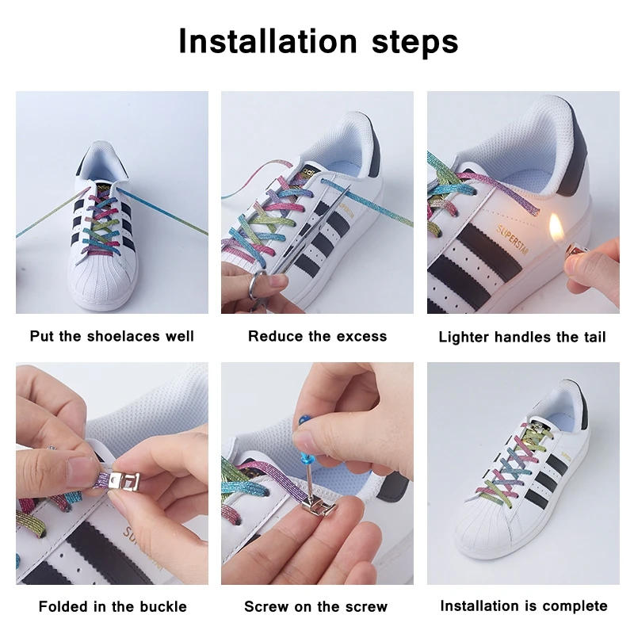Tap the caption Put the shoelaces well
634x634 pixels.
[x=112, y=336]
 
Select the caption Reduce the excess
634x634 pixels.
[x=317, y=336]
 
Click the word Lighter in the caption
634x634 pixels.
[x=464, y=337]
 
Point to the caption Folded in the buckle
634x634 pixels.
[x=112, y=607]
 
